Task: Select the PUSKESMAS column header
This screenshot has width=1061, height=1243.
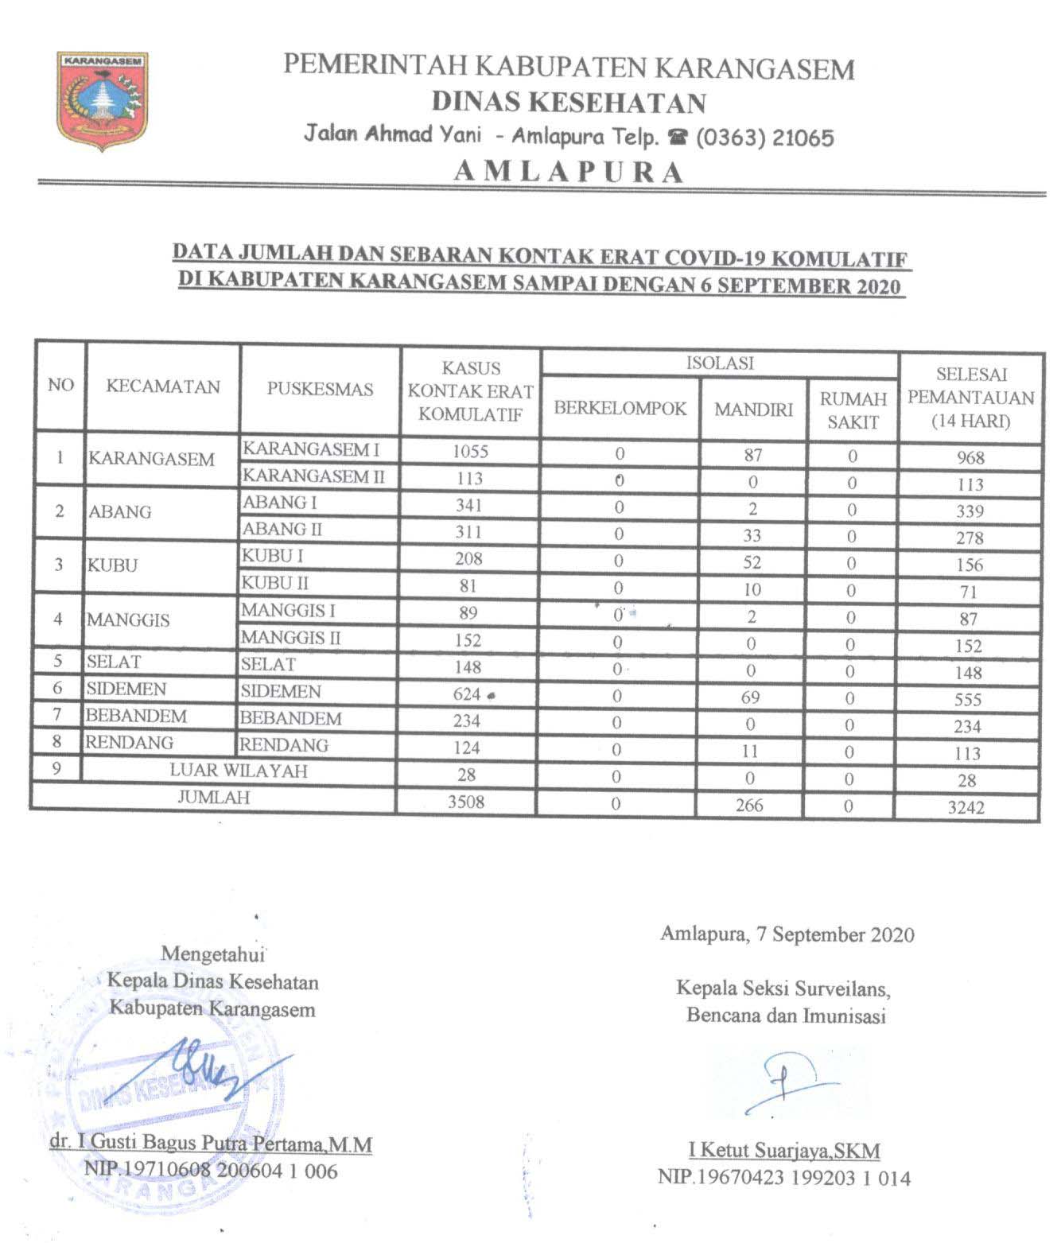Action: click(x=320, y=389)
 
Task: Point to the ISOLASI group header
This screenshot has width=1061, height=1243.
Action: click(x=720, y=363)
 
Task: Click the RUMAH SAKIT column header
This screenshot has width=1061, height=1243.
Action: click(x=853, y=410)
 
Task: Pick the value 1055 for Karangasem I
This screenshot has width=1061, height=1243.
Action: click(x=470, y=451)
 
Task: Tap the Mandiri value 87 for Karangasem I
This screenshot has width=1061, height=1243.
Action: click(x=752, y=455)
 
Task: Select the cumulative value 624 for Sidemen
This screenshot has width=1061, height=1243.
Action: click(x=467, y=694)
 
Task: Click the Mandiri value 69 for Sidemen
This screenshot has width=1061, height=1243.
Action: click(x=750, y=697)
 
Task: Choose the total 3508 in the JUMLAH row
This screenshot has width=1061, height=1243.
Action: click(x=466, y=801)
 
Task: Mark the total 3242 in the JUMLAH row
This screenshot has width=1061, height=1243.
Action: click(x=966, y=807)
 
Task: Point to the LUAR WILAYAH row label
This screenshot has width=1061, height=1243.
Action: click(x=239, y=771)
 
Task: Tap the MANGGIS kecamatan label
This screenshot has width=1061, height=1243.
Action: click(x=129, y=620)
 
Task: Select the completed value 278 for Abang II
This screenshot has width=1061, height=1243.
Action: click(x=970, y=538)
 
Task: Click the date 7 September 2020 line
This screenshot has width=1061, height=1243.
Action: click(x=787, y=934)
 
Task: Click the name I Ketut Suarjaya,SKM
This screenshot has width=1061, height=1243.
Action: click(x=784, y=1150)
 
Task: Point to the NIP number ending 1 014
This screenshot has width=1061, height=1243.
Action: click(x=784, y=1178)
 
